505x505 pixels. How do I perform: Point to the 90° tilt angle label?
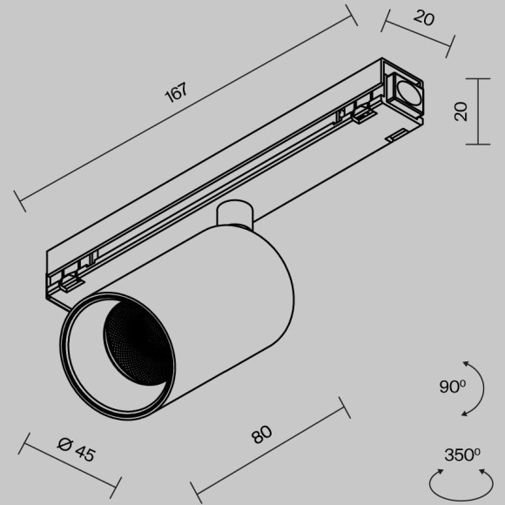click(453, 387)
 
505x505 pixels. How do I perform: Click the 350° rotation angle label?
click(461, 454)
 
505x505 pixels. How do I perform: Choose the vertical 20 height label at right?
click(461, 111)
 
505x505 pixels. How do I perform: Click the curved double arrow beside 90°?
click(473, 387)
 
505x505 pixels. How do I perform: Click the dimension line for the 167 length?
click(187, 109)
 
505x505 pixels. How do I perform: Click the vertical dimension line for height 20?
click(477, 111)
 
